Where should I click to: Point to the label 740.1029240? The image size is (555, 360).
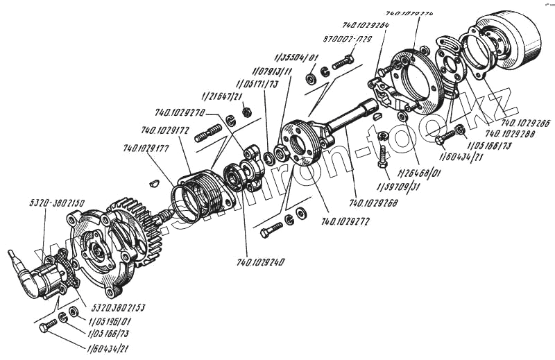click(262, 262)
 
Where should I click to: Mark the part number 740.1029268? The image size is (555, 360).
click(374, 203)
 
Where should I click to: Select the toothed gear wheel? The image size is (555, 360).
click(139, 229)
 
